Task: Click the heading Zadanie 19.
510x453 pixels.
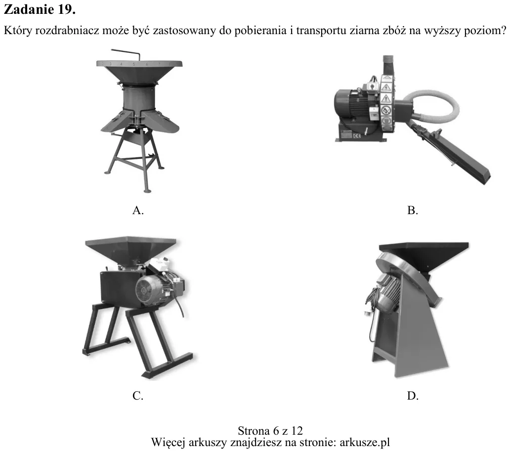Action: coord(40,9)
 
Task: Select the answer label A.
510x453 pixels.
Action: coord(138,210)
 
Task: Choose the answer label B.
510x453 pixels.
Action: coord(413,210)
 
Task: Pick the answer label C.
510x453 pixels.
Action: coord(138,396)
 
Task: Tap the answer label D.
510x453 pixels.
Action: coord(413,396)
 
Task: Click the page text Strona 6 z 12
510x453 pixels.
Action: coord(270,431)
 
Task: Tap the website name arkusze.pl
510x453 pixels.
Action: coord(365,442)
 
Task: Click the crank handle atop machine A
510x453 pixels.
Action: coord(126,53)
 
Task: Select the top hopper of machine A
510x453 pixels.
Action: coord(139,72)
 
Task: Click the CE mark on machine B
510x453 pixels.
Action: coord(357,136)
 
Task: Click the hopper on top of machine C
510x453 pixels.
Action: coord(131,249)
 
